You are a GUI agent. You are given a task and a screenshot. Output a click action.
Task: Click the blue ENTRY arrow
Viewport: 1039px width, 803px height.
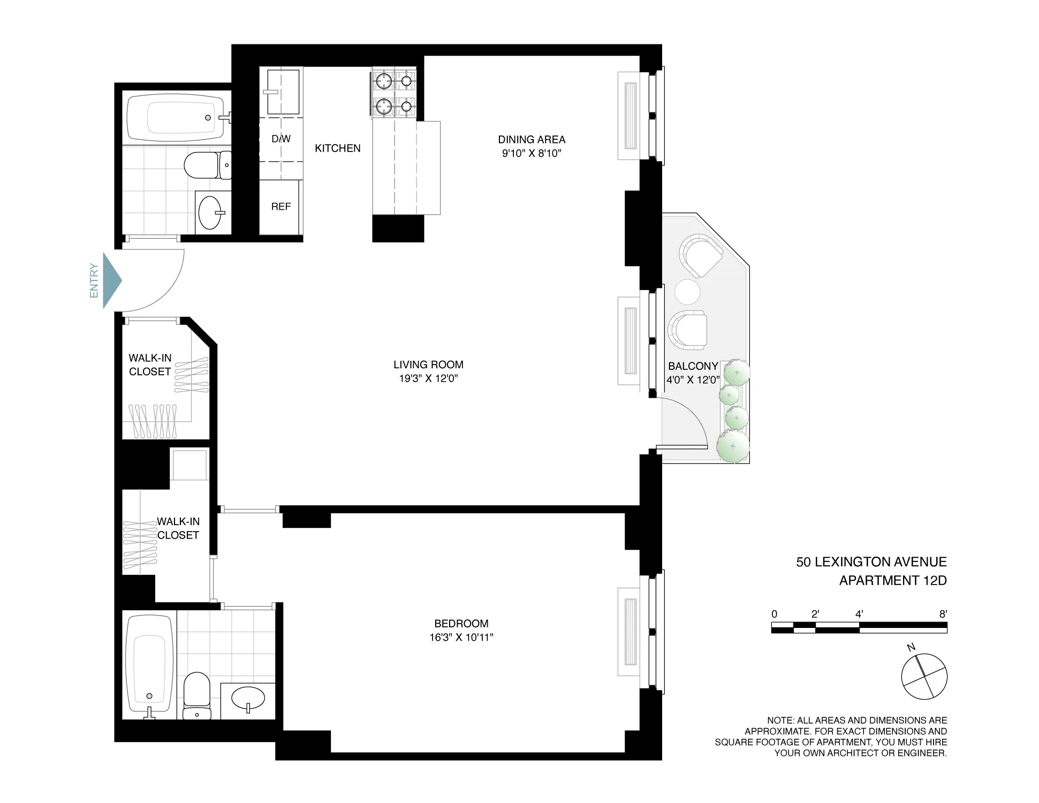(112, 281)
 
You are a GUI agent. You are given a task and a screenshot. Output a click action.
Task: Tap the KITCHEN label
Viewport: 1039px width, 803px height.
(337, 148)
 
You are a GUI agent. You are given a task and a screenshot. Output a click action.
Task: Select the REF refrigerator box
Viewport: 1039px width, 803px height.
(280, 207)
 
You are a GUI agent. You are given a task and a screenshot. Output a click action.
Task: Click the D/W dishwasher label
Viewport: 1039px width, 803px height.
(280, 139)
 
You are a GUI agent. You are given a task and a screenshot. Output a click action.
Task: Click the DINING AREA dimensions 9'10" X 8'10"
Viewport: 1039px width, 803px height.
(531, 154)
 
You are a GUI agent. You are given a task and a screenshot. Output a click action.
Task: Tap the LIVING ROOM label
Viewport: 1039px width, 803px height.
(428, 365)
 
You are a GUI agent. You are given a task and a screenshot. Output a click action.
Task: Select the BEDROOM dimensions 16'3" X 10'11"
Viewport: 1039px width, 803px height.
(461, 638)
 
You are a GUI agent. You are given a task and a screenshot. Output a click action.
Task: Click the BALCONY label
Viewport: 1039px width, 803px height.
(693, 366)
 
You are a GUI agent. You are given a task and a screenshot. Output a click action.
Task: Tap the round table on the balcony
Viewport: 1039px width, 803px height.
(687, 292)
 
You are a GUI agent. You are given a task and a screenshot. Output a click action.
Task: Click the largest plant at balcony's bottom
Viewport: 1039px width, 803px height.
(732, 446)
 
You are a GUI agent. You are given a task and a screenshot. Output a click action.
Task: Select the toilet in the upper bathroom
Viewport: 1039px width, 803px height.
(206, 165)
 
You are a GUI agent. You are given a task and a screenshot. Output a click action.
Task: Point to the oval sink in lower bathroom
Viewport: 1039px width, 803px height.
(248, 698)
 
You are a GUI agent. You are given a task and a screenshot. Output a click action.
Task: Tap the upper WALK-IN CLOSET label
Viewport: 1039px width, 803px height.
(150, 365)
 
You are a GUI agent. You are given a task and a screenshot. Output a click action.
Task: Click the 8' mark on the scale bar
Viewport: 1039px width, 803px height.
(943, 615)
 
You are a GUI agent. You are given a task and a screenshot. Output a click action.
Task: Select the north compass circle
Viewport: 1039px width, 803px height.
(924, 676)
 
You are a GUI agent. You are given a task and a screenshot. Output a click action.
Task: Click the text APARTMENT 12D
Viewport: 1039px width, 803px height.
(892, 580)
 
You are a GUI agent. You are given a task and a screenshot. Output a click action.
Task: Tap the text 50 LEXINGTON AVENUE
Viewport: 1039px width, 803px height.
(871, 562)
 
